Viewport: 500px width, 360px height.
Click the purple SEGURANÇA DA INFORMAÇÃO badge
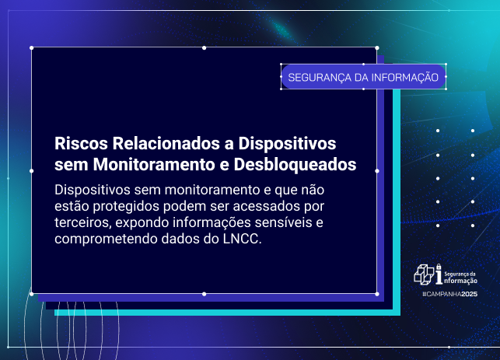[x=363, y=77]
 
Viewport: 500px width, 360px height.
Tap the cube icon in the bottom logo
[x=424, y=274]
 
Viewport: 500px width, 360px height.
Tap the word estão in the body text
[x=72, y=206]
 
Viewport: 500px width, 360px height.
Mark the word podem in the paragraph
[x=186, y=206]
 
